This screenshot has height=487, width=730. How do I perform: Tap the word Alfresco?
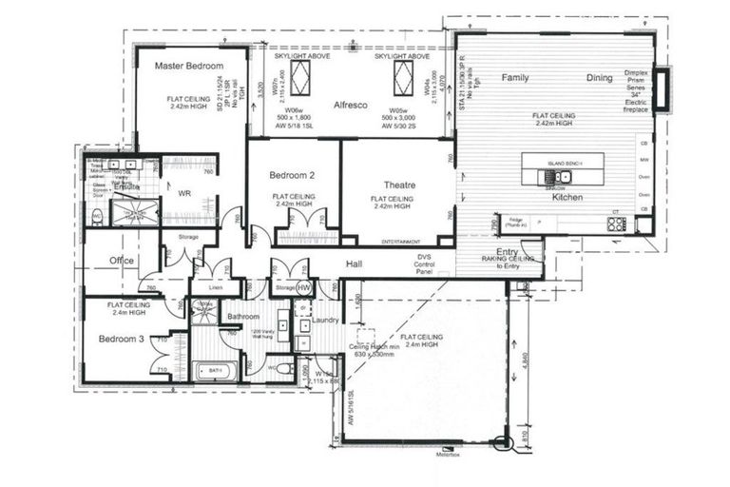coord(351,106)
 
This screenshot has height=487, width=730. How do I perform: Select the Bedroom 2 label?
coord(292,176)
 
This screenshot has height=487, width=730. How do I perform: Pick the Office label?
coord(122,261)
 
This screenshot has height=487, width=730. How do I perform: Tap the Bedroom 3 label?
coord(122,340)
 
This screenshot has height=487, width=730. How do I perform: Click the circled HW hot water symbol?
coord(304,287)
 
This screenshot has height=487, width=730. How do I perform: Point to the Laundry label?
coord(324,321)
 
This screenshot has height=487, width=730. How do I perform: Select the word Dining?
coord(599,78)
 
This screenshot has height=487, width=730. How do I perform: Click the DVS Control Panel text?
coord(425,263)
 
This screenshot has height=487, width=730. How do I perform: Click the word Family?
coord(515,78)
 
